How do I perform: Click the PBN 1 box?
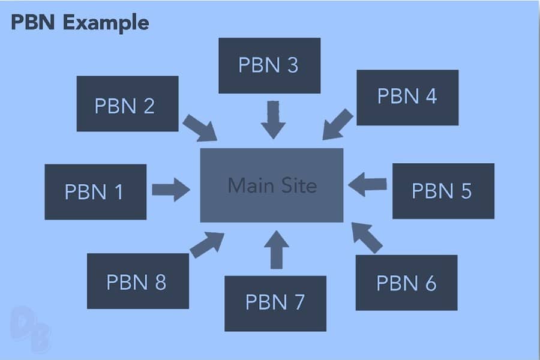(95, 192)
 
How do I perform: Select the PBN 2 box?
(127, 104)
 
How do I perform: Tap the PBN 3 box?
(269, 65)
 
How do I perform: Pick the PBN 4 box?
(407, 97)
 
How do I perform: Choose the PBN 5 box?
(443, 191)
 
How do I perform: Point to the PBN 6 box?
(406, 283)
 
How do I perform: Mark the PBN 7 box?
(275, 304)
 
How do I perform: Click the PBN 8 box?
(138, 281)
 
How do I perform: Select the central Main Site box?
(272, 185)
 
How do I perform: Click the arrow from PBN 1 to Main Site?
(171, 190)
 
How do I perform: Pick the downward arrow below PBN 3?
(274, 120)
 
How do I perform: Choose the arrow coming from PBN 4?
(338, 124)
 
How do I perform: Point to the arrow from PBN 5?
(367, 184)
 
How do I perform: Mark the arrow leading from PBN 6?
(367, 238)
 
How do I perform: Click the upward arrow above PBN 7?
(277, 250)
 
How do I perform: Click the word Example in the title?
(106, 23)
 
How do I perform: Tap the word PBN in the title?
(33, 22)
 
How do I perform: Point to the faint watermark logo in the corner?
(31, 329)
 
